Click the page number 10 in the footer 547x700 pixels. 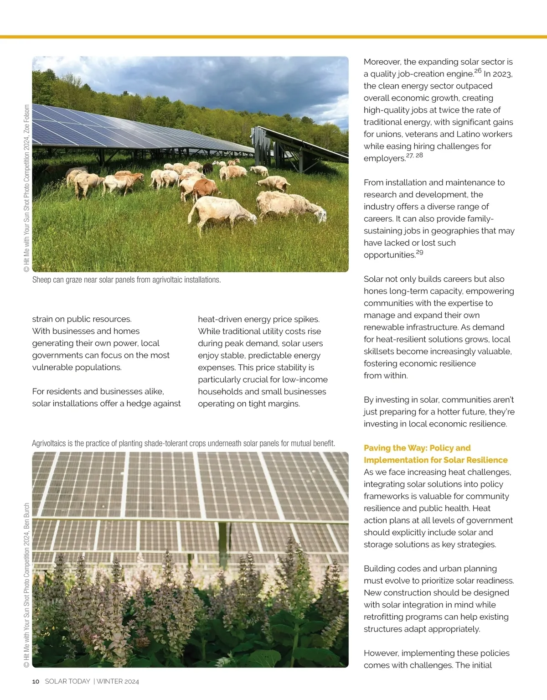click(36, 681)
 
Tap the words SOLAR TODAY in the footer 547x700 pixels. click(67, 681)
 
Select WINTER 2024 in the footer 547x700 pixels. click(118, 681)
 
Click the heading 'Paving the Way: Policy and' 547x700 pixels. click(417, 448)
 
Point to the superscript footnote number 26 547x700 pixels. click(478, 71)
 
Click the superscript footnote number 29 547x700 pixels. click(419, 252)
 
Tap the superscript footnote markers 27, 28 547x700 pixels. click(414, 156)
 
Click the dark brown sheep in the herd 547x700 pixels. click(207, 168)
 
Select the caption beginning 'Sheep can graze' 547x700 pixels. click(126, 280)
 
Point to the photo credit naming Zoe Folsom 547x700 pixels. click(26, 189)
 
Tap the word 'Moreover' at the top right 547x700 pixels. click(382, 62)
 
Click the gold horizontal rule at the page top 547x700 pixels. click(273, 37)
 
